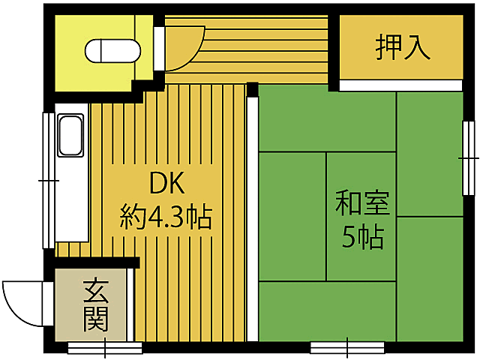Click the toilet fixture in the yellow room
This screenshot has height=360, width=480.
click(x=112, y=51)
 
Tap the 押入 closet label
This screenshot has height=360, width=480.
click(x=403, y=46)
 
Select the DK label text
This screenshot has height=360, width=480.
click(x=166, y=184)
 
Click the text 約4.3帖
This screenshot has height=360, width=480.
click(x=166, y=218)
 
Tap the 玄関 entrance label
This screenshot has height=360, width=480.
click(x=95, y=305)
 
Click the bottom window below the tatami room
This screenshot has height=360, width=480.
click(x=348, y=347)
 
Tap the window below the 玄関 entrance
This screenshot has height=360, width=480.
click(x=104, y=347)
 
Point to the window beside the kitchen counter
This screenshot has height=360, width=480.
click(x=47, y=180)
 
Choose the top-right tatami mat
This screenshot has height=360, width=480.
click(x=429, y=154)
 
